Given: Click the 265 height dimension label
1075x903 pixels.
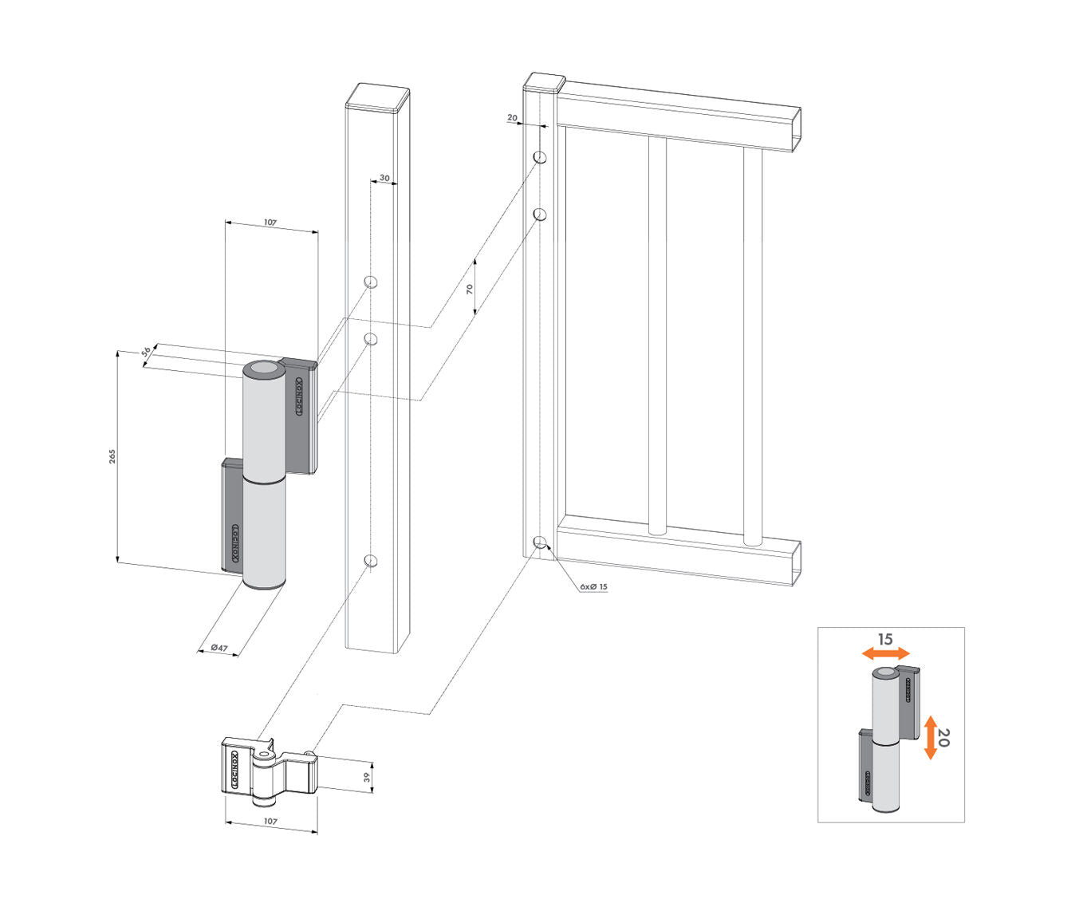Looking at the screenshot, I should click(113, 455).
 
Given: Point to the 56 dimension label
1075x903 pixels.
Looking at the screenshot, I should click(147, 353).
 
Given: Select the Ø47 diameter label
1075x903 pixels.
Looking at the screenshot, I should click(219, 648).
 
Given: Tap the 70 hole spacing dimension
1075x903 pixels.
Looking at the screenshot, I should click(470, 288).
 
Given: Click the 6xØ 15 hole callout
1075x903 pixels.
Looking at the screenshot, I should click(593, 586).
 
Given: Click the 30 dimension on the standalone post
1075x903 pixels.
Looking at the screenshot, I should click(384, 178).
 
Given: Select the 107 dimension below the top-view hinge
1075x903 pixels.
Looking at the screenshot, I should click(270, 821).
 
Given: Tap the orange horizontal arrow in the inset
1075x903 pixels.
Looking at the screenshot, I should click(885, 653).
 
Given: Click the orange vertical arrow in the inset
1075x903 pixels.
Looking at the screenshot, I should click(930, 737).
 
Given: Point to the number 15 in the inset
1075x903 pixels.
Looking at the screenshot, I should click(885, 639).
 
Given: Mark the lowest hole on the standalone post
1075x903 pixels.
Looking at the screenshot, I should click(370, 562).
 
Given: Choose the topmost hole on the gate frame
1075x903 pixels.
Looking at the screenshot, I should click(540, 156).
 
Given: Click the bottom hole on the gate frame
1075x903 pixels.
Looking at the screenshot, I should click(540, 543).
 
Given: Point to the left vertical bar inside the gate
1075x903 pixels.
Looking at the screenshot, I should click(656, 335).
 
